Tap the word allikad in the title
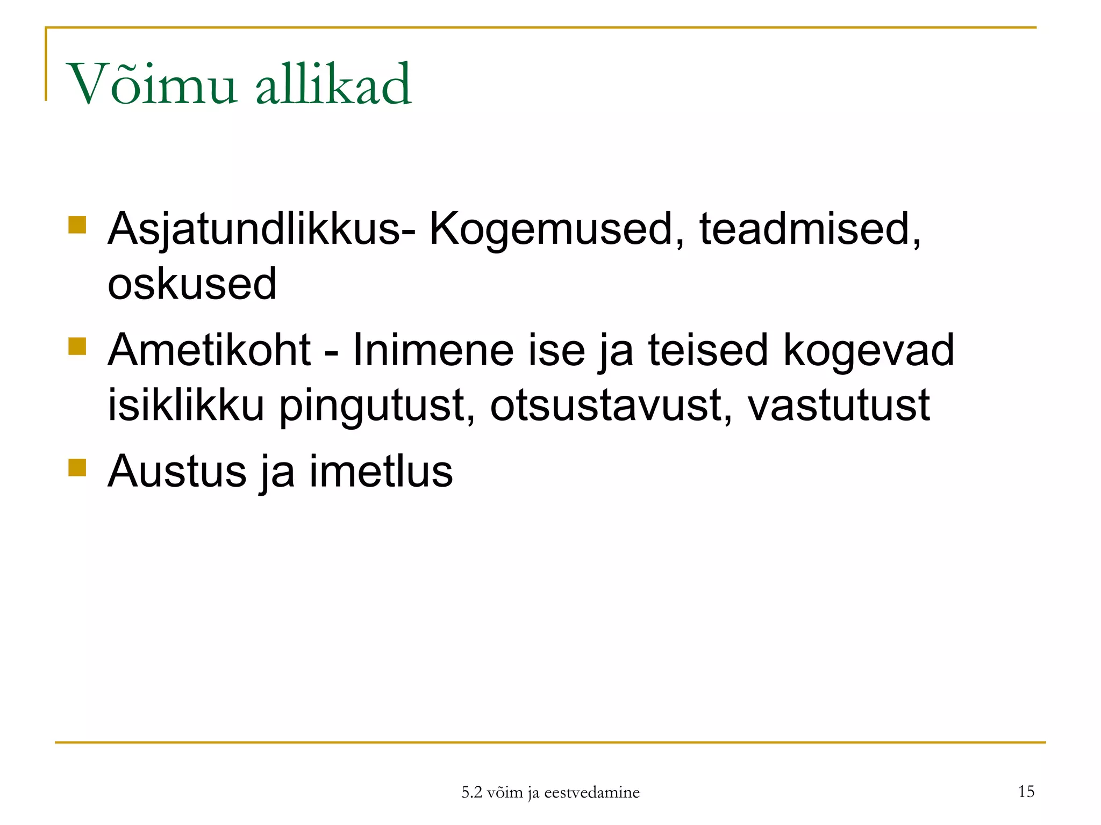coord(333,84)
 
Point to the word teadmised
coord(810,229)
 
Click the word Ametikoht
coord(209,350)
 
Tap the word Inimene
coord(433,350)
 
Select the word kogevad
coord(868,350)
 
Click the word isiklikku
coord(186,405)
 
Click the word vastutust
coord(839,405)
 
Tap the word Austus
coord(177,472)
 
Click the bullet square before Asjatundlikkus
coord(77,225)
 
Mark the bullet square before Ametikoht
coord(77,346)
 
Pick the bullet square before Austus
coord(77,467)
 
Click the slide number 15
coord(1026,791)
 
